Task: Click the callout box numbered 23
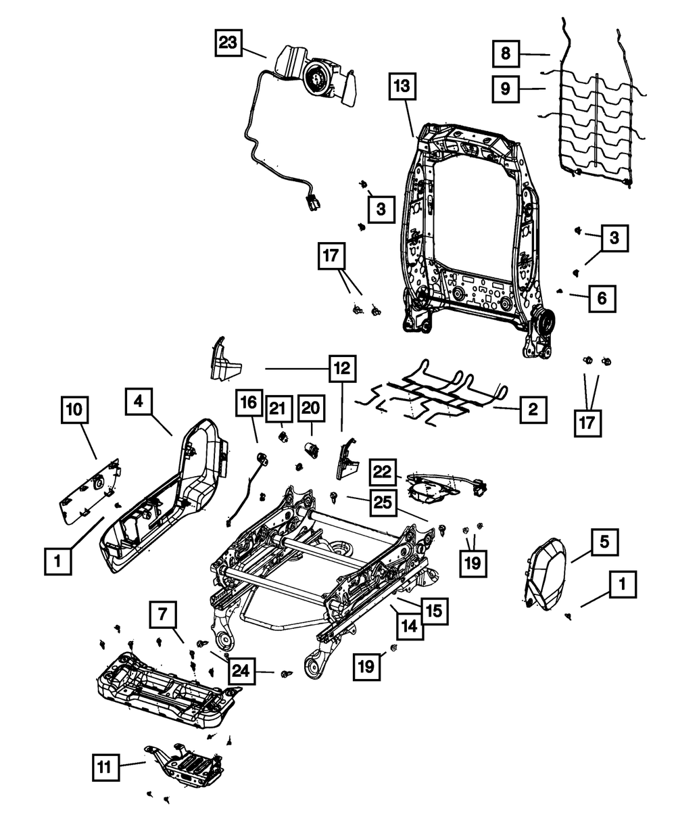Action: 228,45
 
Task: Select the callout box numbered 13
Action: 404,88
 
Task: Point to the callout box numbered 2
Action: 533,409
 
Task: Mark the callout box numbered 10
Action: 75,410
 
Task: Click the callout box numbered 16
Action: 248,404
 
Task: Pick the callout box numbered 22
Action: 383,471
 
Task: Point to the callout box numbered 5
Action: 604,541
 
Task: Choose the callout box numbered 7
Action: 163,616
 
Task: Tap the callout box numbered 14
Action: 410,627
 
